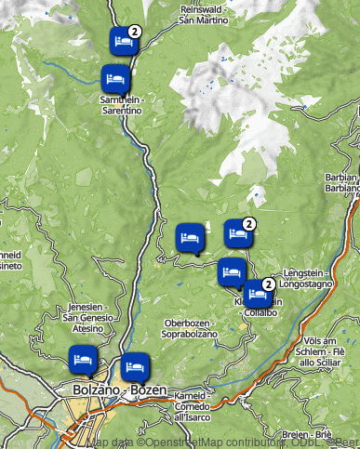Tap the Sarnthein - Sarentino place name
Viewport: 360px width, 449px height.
coord(122,104)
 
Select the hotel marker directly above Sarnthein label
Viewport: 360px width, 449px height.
coord(115,77)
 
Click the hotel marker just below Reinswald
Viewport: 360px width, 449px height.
coord(122,40)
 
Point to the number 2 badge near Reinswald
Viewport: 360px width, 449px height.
coord(135,31)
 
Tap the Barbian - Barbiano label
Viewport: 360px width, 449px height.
coord(343,181)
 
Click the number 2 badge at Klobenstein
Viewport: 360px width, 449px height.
coord(268,284)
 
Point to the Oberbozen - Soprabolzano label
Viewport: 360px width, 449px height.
coord(182,328)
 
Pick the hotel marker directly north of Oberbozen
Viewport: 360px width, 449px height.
coord(189,237)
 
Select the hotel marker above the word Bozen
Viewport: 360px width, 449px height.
coord(134,366)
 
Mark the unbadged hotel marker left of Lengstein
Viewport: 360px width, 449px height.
coord(231,271)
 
